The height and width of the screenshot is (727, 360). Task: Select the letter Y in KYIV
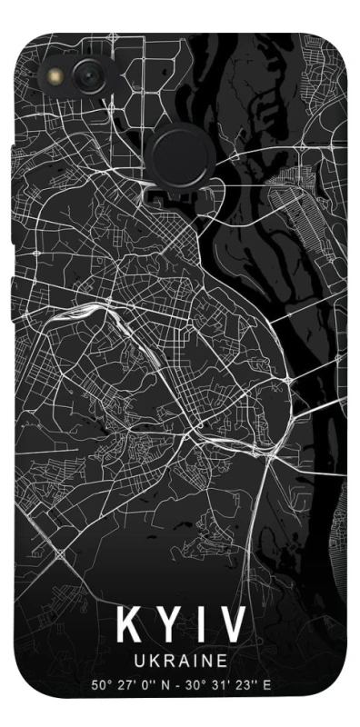pos(168,625)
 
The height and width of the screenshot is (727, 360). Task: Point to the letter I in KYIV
pos(203,625)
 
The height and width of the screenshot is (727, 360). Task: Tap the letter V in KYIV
pos(234,625)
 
